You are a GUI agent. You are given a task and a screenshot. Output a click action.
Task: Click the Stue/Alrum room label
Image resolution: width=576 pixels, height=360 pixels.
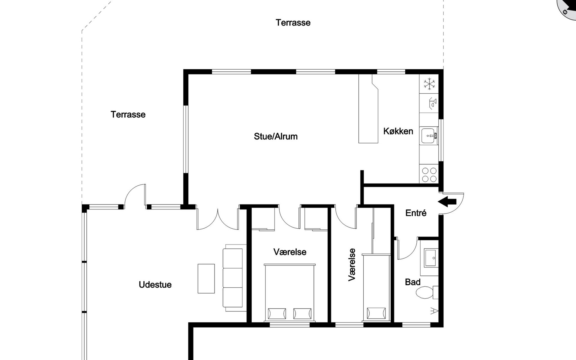(x=276, y=136)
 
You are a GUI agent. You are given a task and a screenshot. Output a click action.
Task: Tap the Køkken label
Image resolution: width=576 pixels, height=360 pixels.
(x=398, y=131)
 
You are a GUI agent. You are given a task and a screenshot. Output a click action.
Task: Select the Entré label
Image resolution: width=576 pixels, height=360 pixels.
(x=416, y=213)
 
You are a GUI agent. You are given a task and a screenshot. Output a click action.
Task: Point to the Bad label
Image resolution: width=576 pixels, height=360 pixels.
(x=412, y=282)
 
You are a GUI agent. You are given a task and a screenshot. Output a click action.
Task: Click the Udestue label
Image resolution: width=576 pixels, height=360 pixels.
(x=155, y=285)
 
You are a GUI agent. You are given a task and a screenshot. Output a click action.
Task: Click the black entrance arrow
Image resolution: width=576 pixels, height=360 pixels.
(x=447, y=202)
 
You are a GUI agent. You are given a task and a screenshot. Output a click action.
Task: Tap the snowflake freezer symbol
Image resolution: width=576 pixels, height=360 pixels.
(x=429, y=84)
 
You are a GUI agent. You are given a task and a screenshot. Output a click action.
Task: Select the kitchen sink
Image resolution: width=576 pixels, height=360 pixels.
(x=428, y=136)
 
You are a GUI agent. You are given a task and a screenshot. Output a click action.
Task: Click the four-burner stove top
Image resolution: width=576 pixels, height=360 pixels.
(x=429, y=175)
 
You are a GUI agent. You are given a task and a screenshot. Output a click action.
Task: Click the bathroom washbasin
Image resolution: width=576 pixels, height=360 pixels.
(x=431, y=258)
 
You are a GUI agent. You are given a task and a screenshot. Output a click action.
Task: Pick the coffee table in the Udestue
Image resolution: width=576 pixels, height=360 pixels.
(x=206, y=278)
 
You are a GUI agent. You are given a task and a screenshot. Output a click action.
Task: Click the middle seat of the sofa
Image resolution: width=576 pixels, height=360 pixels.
(x=233, y=278)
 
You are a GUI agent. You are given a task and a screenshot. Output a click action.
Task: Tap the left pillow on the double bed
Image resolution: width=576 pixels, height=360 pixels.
(x=277, y=313)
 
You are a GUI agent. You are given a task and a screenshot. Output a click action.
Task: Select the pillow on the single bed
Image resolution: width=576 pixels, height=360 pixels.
(x=376, y=313)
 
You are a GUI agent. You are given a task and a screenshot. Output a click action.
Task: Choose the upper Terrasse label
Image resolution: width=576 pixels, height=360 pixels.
(x=293, y=23)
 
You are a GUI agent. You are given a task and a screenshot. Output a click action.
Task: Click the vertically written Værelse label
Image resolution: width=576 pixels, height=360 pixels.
(x=352, y=265)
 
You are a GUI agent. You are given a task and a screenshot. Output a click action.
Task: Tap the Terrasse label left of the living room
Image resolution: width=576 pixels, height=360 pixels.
(x=128, y=115)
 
